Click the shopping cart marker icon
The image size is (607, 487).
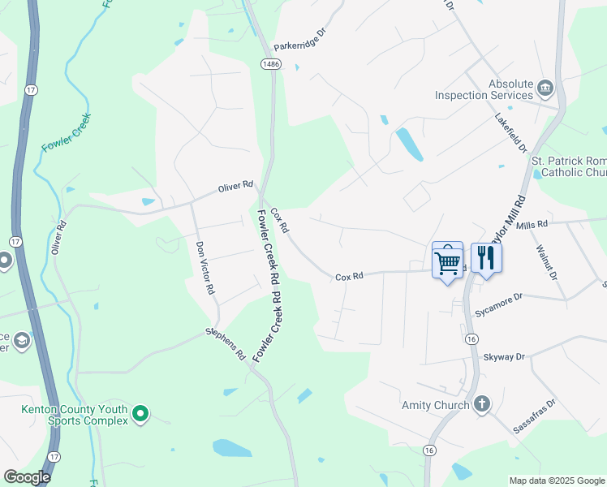(x=447, y=261)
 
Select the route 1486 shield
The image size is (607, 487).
(x=270, y=63)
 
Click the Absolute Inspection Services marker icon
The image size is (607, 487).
(x=545, y=88)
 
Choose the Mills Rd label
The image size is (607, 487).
(x=532, y=223)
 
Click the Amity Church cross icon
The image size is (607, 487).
(x=481, y=404)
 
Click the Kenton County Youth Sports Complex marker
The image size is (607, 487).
(x=140, y=415)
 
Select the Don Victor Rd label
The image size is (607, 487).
(x=204, y=267)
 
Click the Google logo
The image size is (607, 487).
(x=27, y=477)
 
